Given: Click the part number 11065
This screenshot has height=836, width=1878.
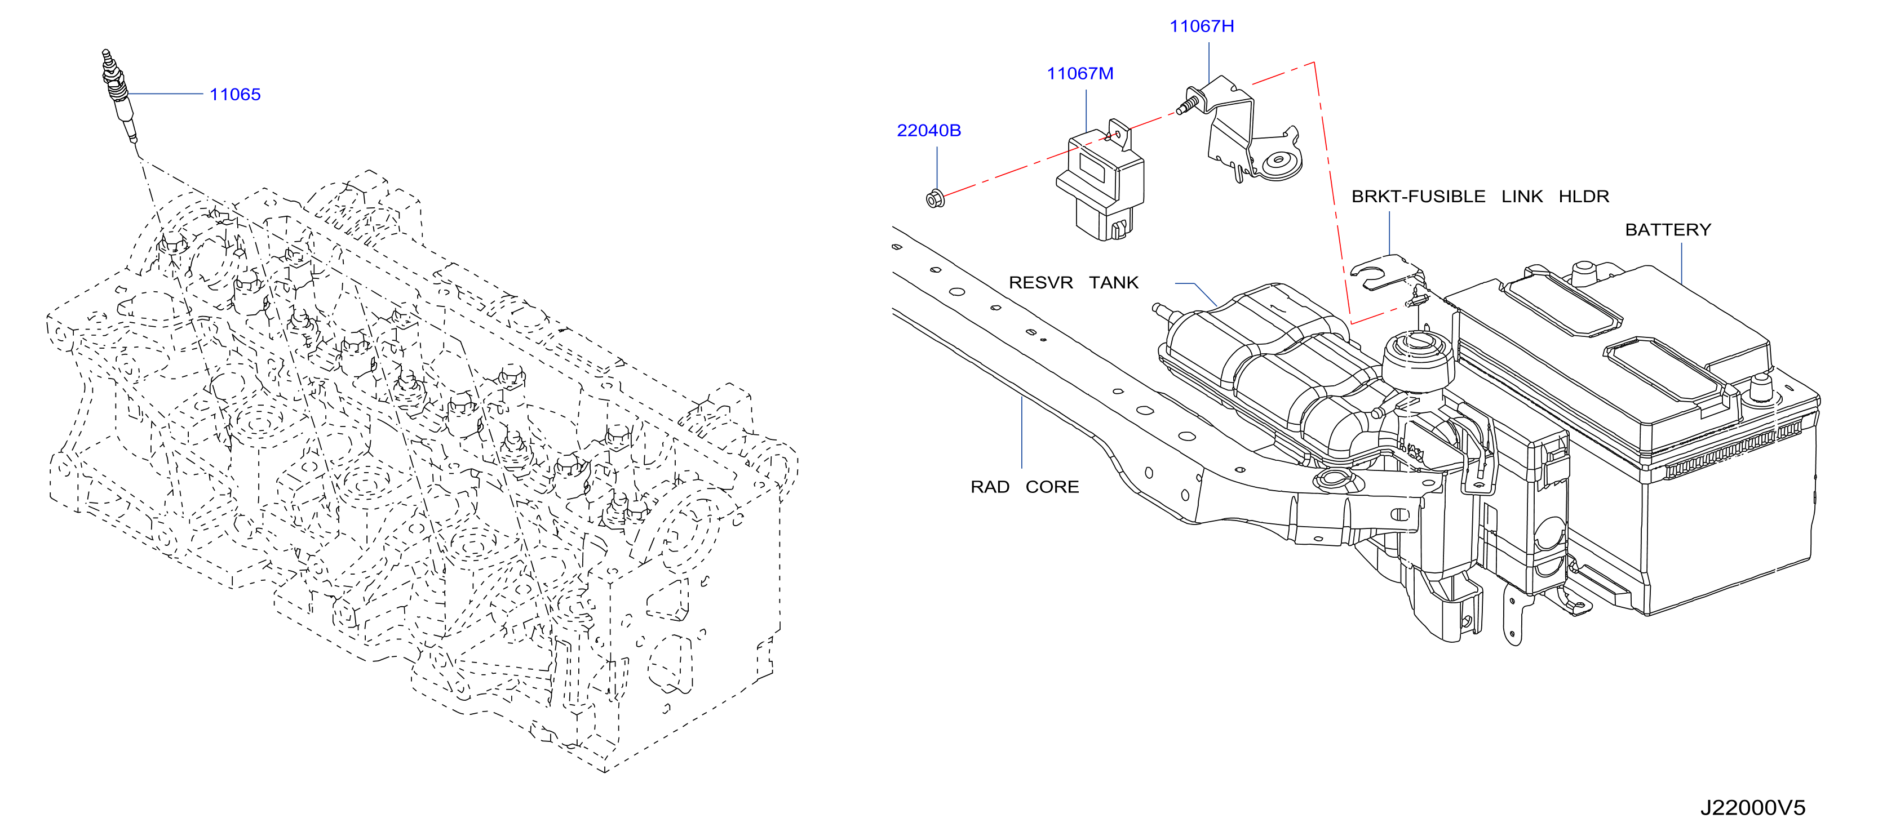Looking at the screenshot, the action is pos(234,95).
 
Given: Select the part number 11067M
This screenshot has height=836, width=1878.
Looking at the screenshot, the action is pos(1080,74).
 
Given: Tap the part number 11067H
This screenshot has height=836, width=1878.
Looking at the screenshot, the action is pos(1202,26).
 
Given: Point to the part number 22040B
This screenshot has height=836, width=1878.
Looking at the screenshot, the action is pos(929,131).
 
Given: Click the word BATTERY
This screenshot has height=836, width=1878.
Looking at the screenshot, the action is pos(1668,230).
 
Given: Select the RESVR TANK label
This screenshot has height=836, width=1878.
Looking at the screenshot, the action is pos(1073,283).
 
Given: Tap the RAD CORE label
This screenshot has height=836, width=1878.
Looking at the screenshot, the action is pos(1024,487).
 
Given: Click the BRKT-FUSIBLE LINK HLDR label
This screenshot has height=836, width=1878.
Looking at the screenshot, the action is pos(1480,197).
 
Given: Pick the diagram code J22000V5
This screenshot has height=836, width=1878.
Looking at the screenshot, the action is pos(1753,808).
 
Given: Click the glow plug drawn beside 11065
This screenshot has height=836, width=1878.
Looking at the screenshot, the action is pos(119,97).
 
